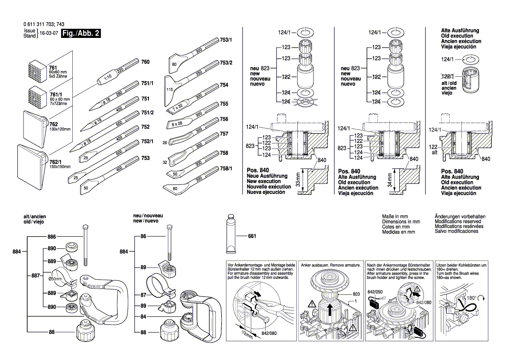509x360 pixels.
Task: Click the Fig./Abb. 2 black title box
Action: (81, 34)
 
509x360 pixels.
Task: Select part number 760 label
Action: (145, 62)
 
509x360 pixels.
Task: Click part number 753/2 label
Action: (226, 63)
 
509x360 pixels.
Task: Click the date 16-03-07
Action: (49, 34)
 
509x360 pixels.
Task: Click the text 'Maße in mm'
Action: (394, 217)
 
